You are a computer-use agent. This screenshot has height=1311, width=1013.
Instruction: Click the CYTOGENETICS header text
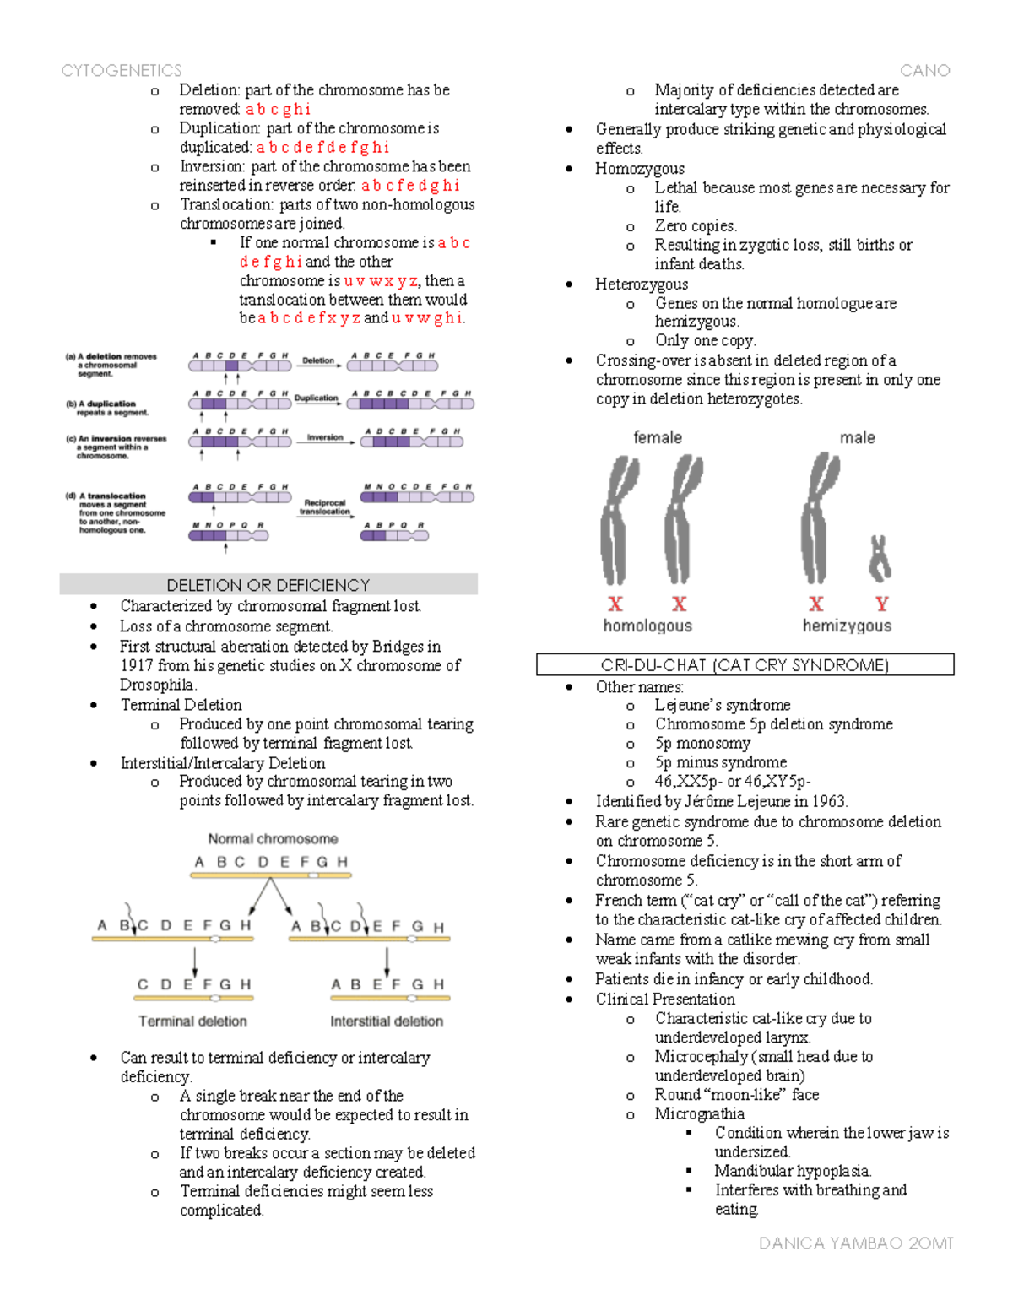point(121,71)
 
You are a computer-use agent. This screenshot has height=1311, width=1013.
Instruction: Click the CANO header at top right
point(924,71)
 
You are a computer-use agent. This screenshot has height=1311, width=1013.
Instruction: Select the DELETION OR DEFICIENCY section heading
point(268,585)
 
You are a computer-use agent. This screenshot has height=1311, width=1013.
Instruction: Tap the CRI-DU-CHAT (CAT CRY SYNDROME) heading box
point(745,665)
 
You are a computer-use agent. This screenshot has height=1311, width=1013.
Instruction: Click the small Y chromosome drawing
point(880,559)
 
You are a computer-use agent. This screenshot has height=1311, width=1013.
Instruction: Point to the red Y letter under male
point(881,604)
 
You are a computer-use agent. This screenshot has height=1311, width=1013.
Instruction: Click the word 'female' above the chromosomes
point(658,437)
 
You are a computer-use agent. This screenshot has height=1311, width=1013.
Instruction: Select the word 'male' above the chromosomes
point(857,437)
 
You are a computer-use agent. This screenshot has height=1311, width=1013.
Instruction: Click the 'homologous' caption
point(647,626)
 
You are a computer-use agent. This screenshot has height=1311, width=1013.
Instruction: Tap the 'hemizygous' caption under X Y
point(847,626)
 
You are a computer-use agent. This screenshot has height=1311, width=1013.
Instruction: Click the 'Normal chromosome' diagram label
point(273,839)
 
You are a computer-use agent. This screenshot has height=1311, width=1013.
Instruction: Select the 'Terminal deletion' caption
point(192,1021)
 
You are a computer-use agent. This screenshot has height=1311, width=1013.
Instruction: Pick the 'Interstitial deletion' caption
point(387,1021)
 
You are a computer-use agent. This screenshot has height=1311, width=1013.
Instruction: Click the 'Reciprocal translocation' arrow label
point(324,507)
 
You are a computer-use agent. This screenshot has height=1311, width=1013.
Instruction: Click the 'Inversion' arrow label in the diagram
point(325,437)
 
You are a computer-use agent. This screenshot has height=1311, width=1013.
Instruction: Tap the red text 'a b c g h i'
point(278,109)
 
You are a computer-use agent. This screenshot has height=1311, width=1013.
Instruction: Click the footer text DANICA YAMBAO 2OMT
point(855,1243)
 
